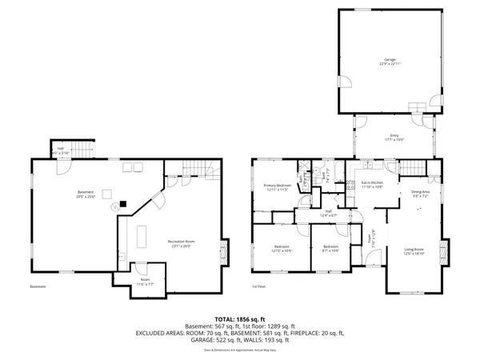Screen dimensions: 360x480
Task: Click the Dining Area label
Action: click(420, 194)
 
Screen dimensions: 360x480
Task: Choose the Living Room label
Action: click(414, 251)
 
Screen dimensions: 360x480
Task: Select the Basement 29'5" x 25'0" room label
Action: click(86, 194)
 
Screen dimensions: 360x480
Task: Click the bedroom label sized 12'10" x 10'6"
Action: click(282, 248)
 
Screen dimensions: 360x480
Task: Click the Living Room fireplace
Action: click(446, 254)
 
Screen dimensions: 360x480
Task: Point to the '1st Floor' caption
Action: click(259, 287)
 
